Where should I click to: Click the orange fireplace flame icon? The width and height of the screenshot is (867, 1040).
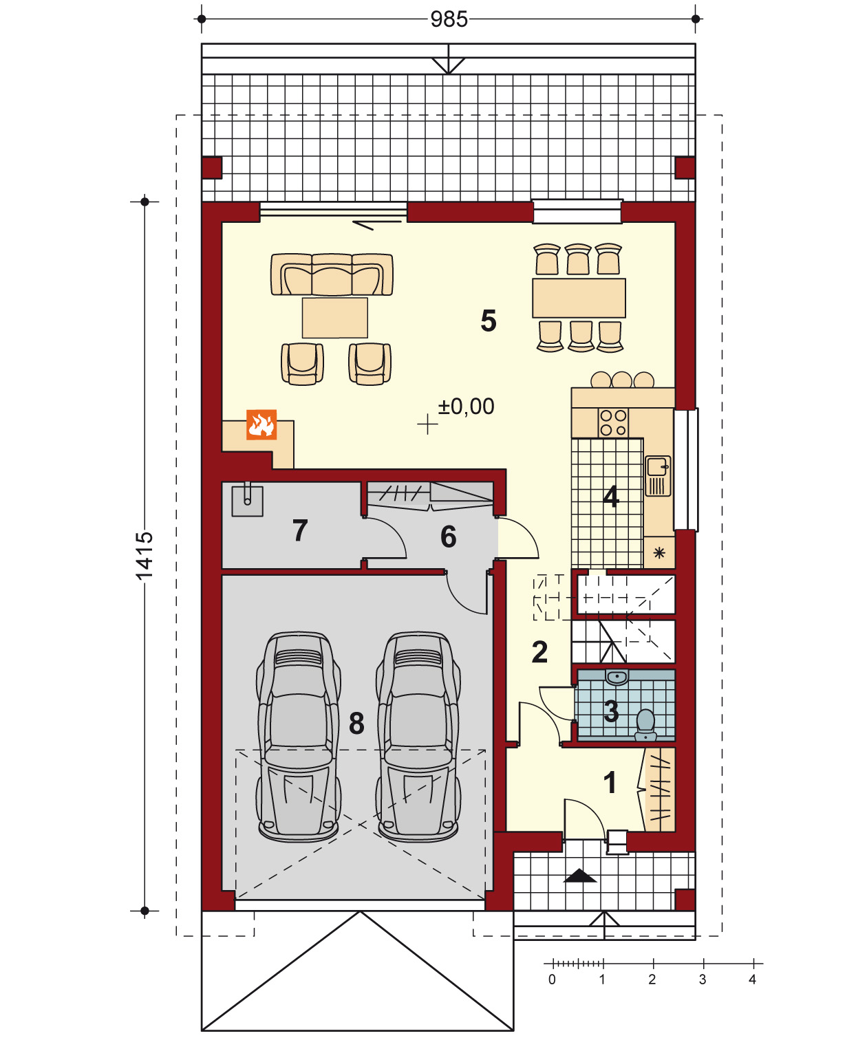click(x=261, y=424)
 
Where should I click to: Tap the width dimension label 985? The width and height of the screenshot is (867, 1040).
click(x=449, y=19)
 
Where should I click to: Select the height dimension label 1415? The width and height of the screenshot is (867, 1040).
click(x=144, y=555)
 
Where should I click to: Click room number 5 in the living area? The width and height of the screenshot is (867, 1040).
click(x=489, y=321)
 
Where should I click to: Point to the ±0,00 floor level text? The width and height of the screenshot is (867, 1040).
click(x=466, y=407)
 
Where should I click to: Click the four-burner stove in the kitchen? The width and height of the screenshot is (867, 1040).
click(x=613, y=422)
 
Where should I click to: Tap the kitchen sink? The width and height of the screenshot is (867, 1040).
click(x=658, y=476)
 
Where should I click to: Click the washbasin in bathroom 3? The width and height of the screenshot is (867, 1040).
click(x=617, y=677)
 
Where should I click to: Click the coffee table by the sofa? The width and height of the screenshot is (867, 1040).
click(x=335, y=318)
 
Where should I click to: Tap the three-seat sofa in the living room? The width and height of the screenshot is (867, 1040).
click(x=332, y=274)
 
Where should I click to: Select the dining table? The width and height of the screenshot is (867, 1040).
click(x=579, y=298)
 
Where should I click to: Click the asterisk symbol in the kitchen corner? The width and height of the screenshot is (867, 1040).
click(x=659, y=552)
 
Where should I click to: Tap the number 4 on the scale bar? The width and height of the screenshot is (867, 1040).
click(x=752, y=979)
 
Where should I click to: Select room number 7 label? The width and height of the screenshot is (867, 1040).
click(x=300, y=530)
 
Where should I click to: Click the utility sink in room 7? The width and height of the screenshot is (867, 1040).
click(x=247, y=501)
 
